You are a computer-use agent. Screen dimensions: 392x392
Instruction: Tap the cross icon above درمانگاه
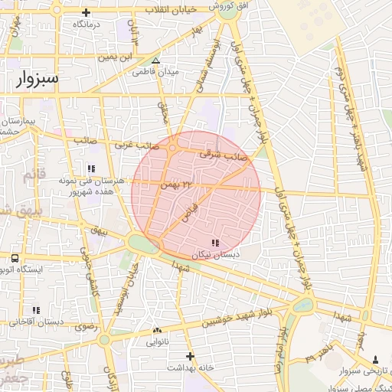coord(86,13)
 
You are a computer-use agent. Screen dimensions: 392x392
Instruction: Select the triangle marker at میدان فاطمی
coord(156,60)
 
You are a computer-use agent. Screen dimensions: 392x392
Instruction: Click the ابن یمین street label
coord(120,57)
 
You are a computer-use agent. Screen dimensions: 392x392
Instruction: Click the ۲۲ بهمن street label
coord(175,185)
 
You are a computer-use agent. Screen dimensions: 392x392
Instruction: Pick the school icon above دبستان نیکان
coord(214,243)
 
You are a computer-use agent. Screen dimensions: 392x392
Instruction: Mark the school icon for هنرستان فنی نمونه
coord(90,168)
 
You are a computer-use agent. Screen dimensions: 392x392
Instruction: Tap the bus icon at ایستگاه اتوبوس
coord(15,258)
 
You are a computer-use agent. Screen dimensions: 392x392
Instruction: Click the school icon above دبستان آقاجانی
coord(35,310)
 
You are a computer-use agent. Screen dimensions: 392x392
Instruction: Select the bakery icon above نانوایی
coord(158,331)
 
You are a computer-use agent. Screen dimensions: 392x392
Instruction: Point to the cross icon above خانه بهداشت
coord(190,356)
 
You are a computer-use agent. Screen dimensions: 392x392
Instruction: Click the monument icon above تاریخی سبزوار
coord(375,359)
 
